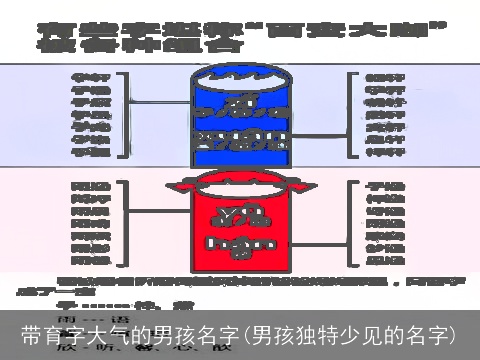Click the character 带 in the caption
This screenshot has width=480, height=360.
pyautogui.click(x=31, y=334)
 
